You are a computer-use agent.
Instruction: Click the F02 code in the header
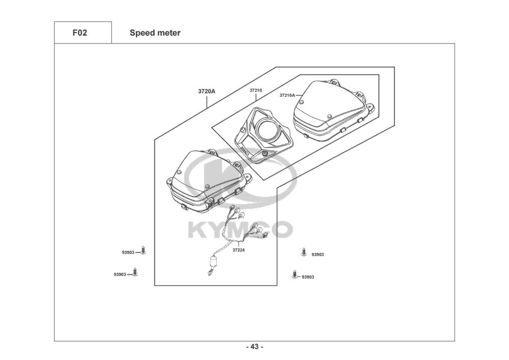[x=80, y=33]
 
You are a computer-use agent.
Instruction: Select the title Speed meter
[x=155, y=33]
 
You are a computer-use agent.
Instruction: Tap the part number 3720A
[x=207, y=92]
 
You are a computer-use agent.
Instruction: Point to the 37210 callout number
[x=256, y=90]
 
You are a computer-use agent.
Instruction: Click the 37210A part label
[x=287, y=95]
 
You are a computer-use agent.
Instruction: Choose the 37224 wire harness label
[x=238, y=250]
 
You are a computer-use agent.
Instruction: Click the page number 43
[x=254, y=347]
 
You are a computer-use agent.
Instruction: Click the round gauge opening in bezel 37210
[x=267, y=131]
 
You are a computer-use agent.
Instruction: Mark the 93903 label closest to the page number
[x=307, y=277]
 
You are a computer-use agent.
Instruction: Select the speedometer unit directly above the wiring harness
[x=206, y=181]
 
